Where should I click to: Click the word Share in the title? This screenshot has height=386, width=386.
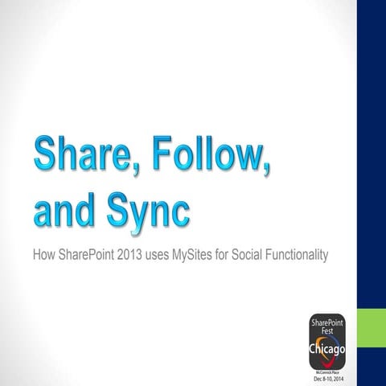coord(86,155)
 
